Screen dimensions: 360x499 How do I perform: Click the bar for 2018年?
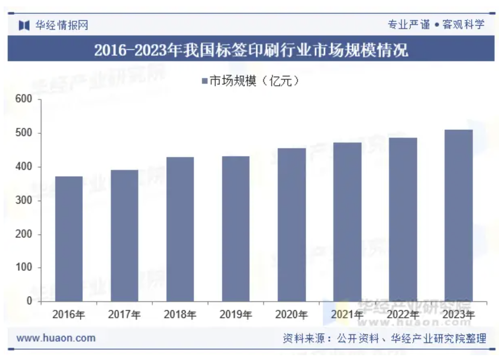pyautogui.click(x=180, y=229)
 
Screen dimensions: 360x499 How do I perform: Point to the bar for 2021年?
pyautogui.click(x=347, y=222)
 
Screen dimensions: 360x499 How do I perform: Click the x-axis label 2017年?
pyautogui.click(x=124, y=314)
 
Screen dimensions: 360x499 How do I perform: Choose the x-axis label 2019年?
pyautogui.click(x=235, y=314)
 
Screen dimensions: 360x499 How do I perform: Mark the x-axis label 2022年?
pyautogui.click(x=403, y=314)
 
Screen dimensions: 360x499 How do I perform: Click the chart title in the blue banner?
pyautogui.click(x=251, y=50)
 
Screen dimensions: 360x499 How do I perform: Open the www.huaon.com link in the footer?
pyautogui.click(x=56, y=338)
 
